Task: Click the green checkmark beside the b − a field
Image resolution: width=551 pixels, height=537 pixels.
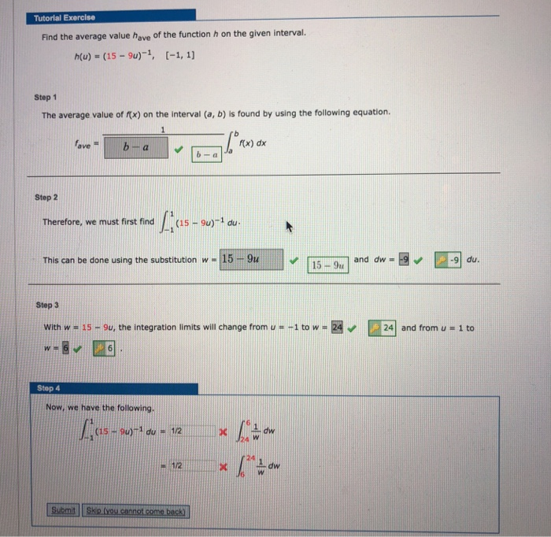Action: [x=179, y=146]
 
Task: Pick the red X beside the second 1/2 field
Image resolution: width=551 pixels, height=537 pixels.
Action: [x=223, y=465]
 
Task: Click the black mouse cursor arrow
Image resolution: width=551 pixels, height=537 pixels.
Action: [x=289, y=227]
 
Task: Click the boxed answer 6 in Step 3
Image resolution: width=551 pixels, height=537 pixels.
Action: [x=105, y=346]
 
